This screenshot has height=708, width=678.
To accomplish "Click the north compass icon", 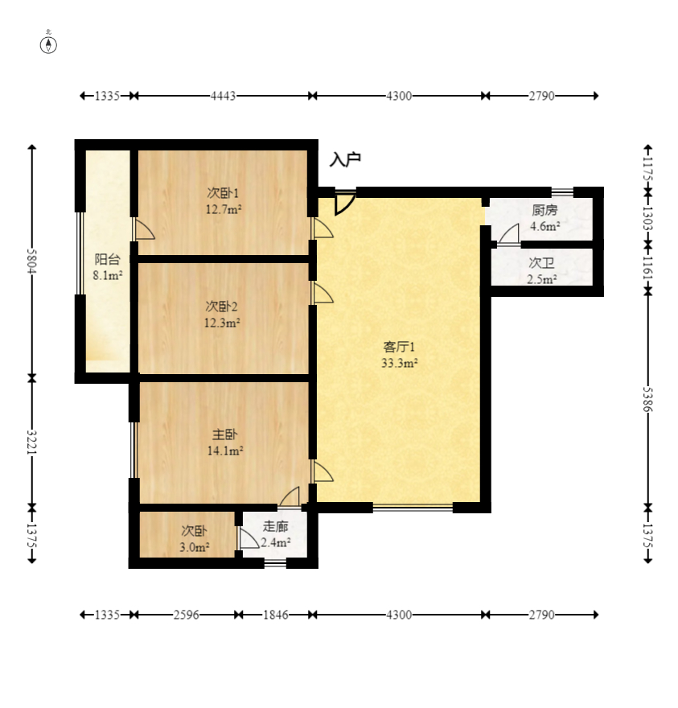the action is [48, 45].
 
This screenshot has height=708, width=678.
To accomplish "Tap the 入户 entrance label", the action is [345, 159].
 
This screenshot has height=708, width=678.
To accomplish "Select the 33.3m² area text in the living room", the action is [399, 363].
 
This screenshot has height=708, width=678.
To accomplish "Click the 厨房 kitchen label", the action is [544, 210].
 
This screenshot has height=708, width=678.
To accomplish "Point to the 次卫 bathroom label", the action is [541, 263].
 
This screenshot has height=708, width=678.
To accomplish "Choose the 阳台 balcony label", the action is [108, 259].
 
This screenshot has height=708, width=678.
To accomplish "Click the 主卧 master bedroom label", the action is [225, 434].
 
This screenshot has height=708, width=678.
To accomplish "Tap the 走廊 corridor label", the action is [275, 526].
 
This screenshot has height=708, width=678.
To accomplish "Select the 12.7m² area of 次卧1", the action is [224, 209].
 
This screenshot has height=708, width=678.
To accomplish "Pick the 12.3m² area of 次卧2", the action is [222, 323].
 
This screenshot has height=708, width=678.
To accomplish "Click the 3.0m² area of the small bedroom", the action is [194, 548].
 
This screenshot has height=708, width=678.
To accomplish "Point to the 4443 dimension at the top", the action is [223, 96].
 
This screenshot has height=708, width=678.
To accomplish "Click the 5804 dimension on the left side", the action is [32, 261].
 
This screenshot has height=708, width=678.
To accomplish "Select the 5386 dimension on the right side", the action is [648, 399].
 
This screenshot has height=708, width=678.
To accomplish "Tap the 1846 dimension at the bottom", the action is [275, 615].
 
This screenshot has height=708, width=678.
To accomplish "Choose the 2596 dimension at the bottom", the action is [186, 615].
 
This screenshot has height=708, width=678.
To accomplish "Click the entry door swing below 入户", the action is [345, 204].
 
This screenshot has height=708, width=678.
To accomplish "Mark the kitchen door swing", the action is [508, 233].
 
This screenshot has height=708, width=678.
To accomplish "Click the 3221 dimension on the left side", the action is [32, 442].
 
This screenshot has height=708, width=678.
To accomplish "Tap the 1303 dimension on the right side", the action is [648, 219].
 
